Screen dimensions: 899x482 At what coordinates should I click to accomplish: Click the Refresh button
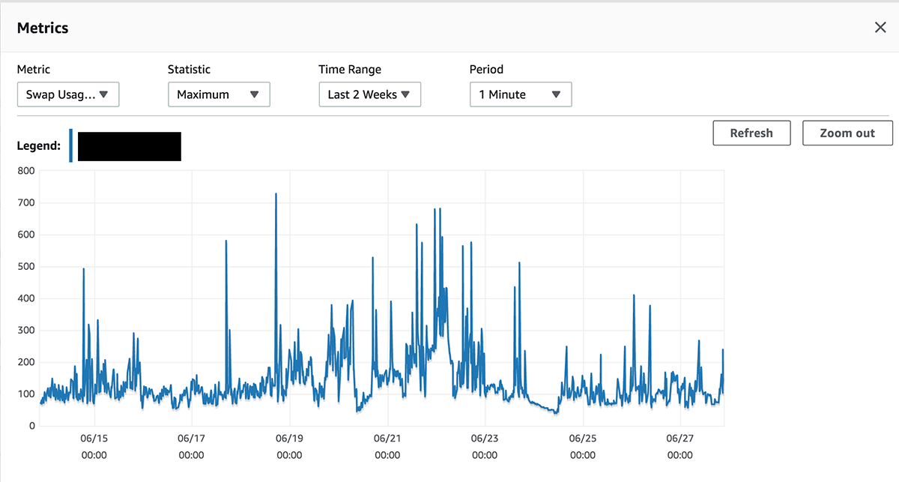coord(751,133)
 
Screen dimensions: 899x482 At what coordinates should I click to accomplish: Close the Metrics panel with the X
coord(880,27)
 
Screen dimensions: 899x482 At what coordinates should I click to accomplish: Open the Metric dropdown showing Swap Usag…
coord(68,94)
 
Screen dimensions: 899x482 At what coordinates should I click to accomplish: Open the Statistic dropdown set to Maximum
coord(219,94)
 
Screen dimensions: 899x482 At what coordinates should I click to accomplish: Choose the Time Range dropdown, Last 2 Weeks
coord(370,94)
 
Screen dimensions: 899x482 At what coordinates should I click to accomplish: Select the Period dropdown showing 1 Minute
coord(521,94)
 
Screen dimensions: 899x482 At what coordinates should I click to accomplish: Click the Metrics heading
coord(43,28)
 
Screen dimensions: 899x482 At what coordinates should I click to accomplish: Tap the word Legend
coord(38,145)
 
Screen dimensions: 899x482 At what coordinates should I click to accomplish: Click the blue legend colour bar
coord(70,145)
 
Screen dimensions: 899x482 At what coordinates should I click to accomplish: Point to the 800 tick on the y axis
coord(26,171)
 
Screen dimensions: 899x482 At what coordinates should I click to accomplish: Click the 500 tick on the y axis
coord(26,266)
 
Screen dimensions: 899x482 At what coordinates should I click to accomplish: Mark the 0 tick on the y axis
coord(32,426)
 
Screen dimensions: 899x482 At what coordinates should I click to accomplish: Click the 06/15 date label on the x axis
coord(94,439)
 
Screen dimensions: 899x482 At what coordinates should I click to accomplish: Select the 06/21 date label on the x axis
coord(387,439)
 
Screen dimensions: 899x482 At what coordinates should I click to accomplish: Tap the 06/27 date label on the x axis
coord(680,439)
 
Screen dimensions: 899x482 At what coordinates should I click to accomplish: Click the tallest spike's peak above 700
coord(276,193)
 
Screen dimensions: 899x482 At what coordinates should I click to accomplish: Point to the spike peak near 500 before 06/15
coord(83,268)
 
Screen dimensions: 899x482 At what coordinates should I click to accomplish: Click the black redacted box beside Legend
coord(129,147)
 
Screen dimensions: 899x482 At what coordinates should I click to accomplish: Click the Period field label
coord(486,70)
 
